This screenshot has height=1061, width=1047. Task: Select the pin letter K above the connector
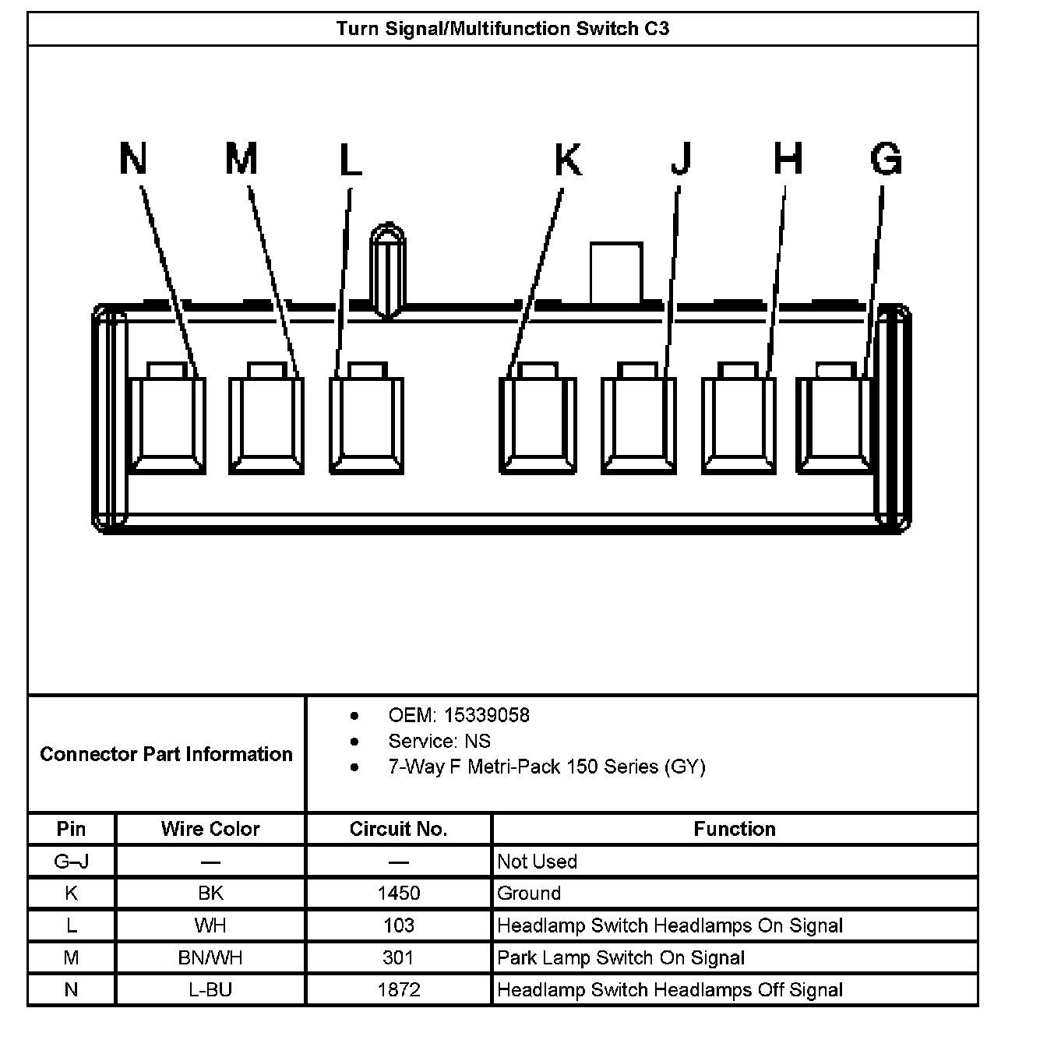[568, 160]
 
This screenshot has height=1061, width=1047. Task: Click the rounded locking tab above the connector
[387, 269]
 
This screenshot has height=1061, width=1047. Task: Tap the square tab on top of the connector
[615, 273]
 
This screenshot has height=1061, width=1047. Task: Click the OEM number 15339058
[486, 715]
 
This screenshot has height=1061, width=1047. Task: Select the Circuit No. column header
[398, 829]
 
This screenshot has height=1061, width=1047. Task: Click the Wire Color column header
[210, 829]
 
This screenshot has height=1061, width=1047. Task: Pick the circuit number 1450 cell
[398, 894]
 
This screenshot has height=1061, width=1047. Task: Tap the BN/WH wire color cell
[210, 957]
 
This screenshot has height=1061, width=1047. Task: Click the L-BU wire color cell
[210, 990]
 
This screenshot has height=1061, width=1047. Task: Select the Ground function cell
[529, 894]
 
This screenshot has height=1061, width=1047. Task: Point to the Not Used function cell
[537, 862]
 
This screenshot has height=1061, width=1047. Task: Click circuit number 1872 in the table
[398, 990]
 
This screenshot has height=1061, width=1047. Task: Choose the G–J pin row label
[71, 862]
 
